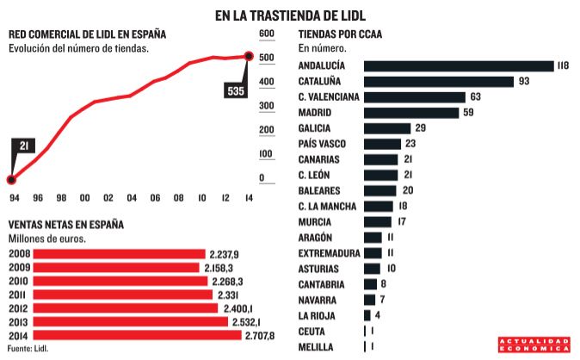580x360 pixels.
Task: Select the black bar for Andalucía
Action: (459, 66)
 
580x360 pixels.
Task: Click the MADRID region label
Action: (316, 113)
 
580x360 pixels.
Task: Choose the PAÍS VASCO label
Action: (322, 144)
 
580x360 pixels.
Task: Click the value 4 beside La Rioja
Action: (378, 314)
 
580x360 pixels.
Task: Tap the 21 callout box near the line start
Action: (24, 146)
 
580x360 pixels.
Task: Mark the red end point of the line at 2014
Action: (249, 57)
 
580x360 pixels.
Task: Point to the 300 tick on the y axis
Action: (266, 106)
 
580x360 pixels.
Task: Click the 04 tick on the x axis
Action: (132, 197)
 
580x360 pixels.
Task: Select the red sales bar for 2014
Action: (125, 335)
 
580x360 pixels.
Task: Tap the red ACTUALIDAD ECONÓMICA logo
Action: (534, 344)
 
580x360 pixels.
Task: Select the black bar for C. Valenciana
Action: (415, 97)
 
